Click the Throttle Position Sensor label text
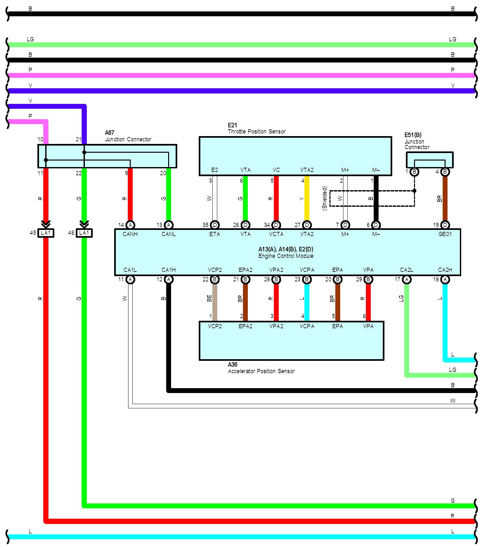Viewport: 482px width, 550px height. coord(257,132)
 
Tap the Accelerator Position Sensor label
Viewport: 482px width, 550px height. coord(261,371)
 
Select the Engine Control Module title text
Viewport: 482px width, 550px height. coord(286,256)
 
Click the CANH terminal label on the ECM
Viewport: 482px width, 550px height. coord(130,234)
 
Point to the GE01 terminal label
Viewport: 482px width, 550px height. coord(445,234)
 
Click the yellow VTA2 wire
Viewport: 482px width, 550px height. coord(307,199)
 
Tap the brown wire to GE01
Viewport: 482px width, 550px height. coord(445,199)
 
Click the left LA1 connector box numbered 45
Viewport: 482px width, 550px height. coord(46,233)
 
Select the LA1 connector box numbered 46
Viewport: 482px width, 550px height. coord(84,233)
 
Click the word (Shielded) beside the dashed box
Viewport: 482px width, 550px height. coord(324,198)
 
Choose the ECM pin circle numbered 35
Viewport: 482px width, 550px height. coord(215,225)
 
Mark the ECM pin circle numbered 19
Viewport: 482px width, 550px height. coord(445,225)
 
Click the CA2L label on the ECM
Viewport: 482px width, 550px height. coord(407,270)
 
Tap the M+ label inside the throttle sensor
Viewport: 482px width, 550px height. coord(345,170)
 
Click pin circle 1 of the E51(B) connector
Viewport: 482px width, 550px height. coord(414,172)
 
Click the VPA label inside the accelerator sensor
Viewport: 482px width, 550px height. coord(368,326)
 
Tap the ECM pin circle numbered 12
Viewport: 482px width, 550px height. coord(168,279)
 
